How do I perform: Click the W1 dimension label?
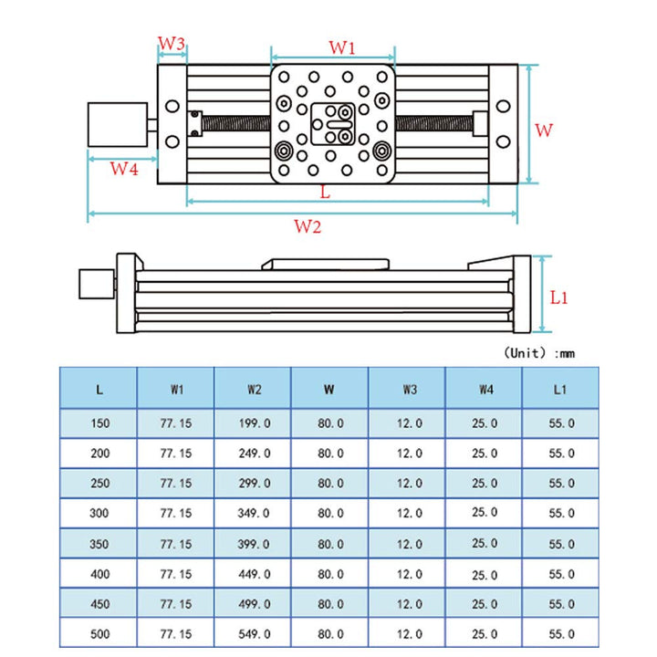point(341,46)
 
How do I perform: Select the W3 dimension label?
point(172,44)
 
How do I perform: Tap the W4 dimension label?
point(124,168)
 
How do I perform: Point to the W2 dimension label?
point(308,227)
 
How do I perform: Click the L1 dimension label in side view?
point(559,297)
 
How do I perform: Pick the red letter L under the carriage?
point(326,193)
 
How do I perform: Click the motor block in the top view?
point(118,123)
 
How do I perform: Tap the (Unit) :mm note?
point(538,352)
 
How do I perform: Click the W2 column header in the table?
point(254,390)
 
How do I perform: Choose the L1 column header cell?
point(560,390)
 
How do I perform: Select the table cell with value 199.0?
point(254,423)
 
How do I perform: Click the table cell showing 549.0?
point(254,632)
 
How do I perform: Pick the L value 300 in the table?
point(99,513)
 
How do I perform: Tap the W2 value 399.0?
point(254,543)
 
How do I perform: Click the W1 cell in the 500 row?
point(176,632)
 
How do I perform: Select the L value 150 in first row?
point(99,423)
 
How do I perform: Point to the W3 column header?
point(409,390)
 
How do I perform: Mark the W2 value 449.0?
point(254,574)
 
